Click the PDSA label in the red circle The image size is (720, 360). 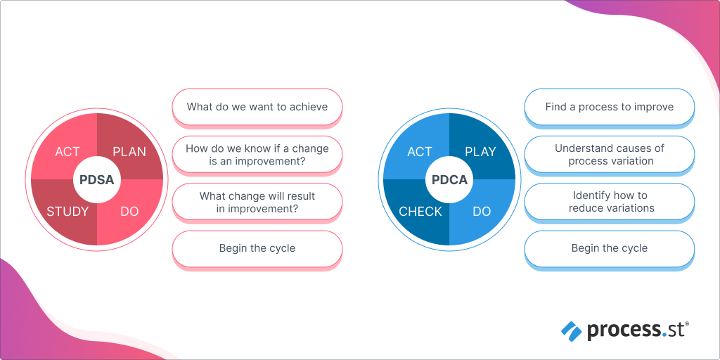point(96,179)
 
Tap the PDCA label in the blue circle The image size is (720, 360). point(449,179)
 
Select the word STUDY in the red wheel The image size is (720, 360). point(67,212)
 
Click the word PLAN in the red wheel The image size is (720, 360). point(129,152)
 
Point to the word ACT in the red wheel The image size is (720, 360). point(67,152)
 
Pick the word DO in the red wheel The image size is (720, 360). point(129,212)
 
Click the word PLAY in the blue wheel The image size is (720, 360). point(480,152)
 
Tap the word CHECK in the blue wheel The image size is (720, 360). point(420,212)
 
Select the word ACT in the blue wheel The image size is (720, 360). point(420,152)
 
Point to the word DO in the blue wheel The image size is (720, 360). point(482,212)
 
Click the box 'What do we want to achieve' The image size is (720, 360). point(257,107)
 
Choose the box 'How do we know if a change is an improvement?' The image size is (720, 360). point(257,155)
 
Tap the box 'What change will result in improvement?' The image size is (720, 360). point(257,202)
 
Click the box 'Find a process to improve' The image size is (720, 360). point(610,107)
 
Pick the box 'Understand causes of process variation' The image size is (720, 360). point(610,155)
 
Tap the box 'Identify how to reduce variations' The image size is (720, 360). point(610,202)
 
